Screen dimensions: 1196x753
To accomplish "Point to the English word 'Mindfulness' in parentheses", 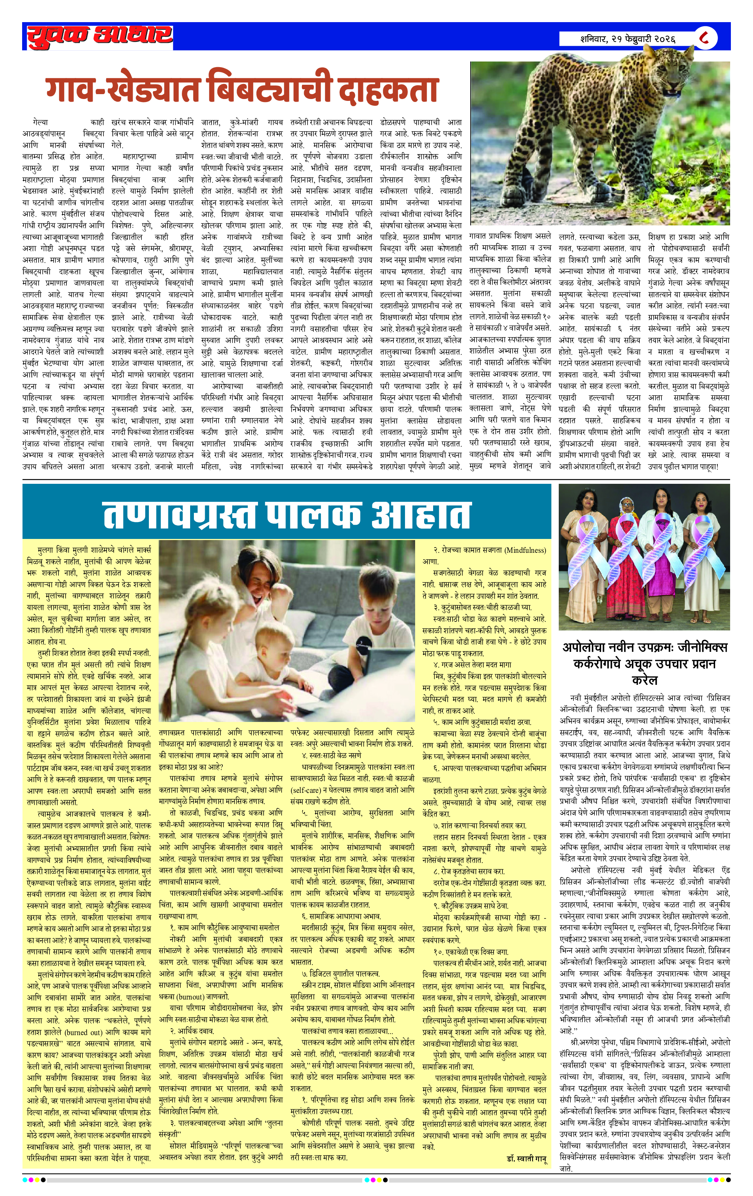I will tap(524, 550).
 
